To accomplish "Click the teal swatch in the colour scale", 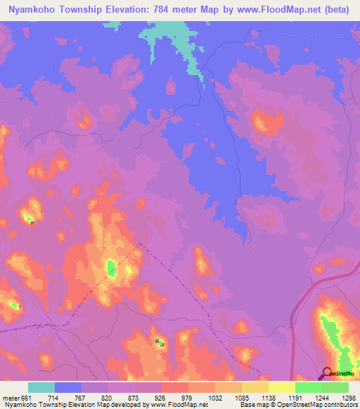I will pos(41,387).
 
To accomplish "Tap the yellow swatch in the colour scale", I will pos(281,387).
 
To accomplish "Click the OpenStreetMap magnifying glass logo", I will pos(327,373).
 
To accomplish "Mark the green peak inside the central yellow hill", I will pos(111,267).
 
